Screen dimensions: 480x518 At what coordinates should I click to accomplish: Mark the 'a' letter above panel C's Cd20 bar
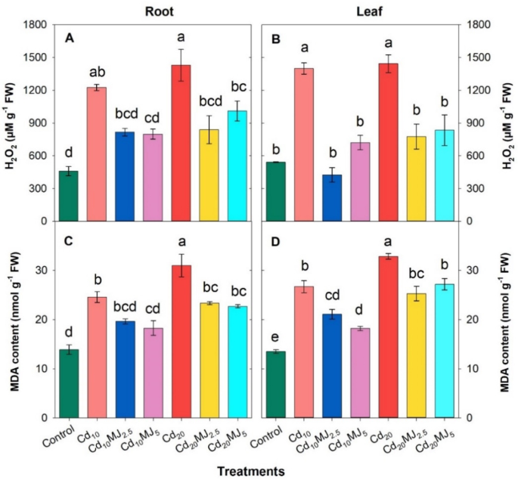(x=181, y=240)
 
